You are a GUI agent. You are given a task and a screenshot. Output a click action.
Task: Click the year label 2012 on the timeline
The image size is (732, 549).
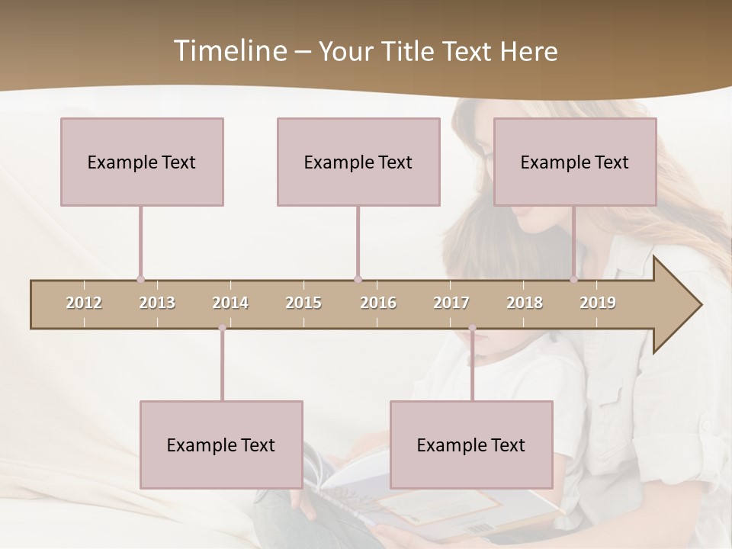(84, 303)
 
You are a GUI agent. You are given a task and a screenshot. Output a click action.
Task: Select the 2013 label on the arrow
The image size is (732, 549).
(157, 303)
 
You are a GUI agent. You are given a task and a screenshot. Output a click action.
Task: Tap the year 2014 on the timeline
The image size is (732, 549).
(230, 303)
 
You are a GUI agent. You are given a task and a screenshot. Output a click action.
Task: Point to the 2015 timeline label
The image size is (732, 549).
(303, 303)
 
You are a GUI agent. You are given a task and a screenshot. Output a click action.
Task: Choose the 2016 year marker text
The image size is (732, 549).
(378, 303)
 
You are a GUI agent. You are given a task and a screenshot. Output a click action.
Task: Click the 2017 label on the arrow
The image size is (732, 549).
(451, 303)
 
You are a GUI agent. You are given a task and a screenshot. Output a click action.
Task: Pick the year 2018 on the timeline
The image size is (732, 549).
(525, 303)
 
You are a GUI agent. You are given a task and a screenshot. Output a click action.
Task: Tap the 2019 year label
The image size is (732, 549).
(598, 303)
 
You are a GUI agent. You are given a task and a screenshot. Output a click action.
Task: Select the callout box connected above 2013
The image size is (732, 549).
(142, 162)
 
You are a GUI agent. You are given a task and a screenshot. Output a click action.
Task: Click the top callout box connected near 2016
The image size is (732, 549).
(358, 162)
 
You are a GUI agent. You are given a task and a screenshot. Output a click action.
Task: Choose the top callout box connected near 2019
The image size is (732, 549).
(575, 162)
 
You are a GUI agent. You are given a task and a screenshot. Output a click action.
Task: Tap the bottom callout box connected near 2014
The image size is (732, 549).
(221, 445)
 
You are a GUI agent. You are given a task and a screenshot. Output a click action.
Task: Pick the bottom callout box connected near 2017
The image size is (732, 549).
(471, 445)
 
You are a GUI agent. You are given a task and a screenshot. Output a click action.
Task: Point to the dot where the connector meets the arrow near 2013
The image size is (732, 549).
(140, 279)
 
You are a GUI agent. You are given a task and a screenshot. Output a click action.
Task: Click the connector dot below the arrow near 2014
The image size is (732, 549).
(222, 328)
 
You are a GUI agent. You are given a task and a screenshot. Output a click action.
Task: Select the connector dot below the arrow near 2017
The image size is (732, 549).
(472, 328)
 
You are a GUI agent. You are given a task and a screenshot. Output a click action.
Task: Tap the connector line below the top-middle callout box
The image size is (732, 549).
(358, 240)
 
